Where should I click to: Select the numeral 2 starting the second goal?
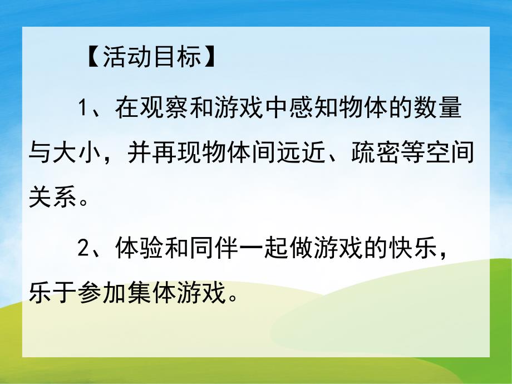[83, 248]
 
